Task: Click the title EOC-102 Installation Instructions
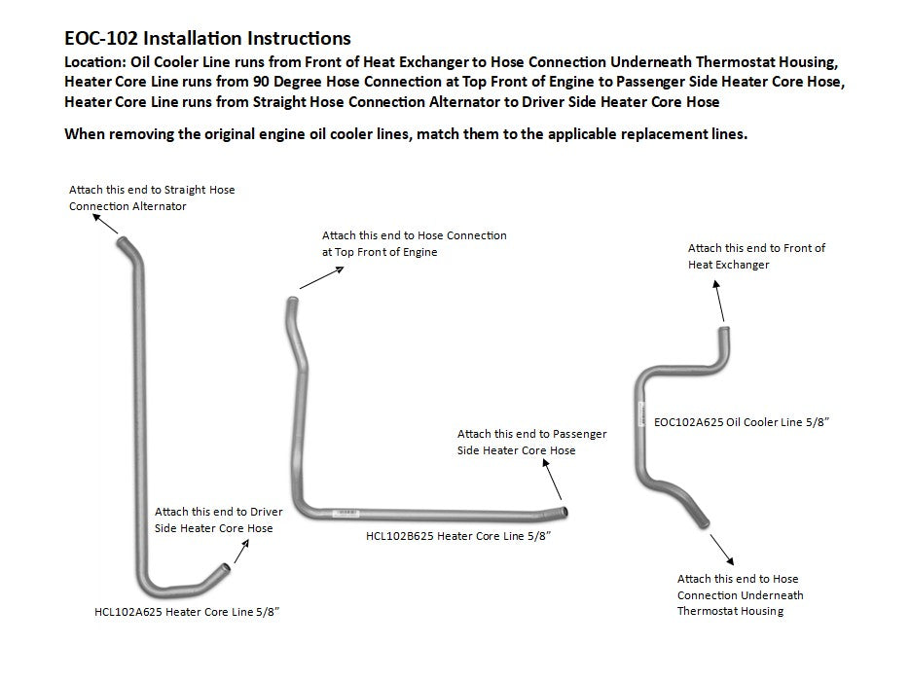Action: pos(206,39)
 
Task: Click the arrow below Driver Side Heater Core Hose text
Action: pos(241,550)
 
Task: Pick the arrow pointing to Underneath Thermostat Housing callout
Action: pos(724,548)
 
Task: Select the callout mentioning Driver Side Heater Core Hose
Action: pos(218,519)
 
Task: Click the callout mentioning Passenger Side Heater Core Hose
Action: pos(531,442)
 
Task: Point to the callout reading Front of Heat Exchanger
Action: pos(756,256)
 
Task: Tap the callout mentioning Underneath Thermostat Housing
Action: pos(741,594)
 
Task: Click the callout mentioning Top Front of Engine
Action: pos(414,243)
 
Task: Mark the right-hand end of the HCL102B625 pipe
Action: pos(565,512)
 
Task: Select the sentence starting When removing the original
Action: pos(405,133)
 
